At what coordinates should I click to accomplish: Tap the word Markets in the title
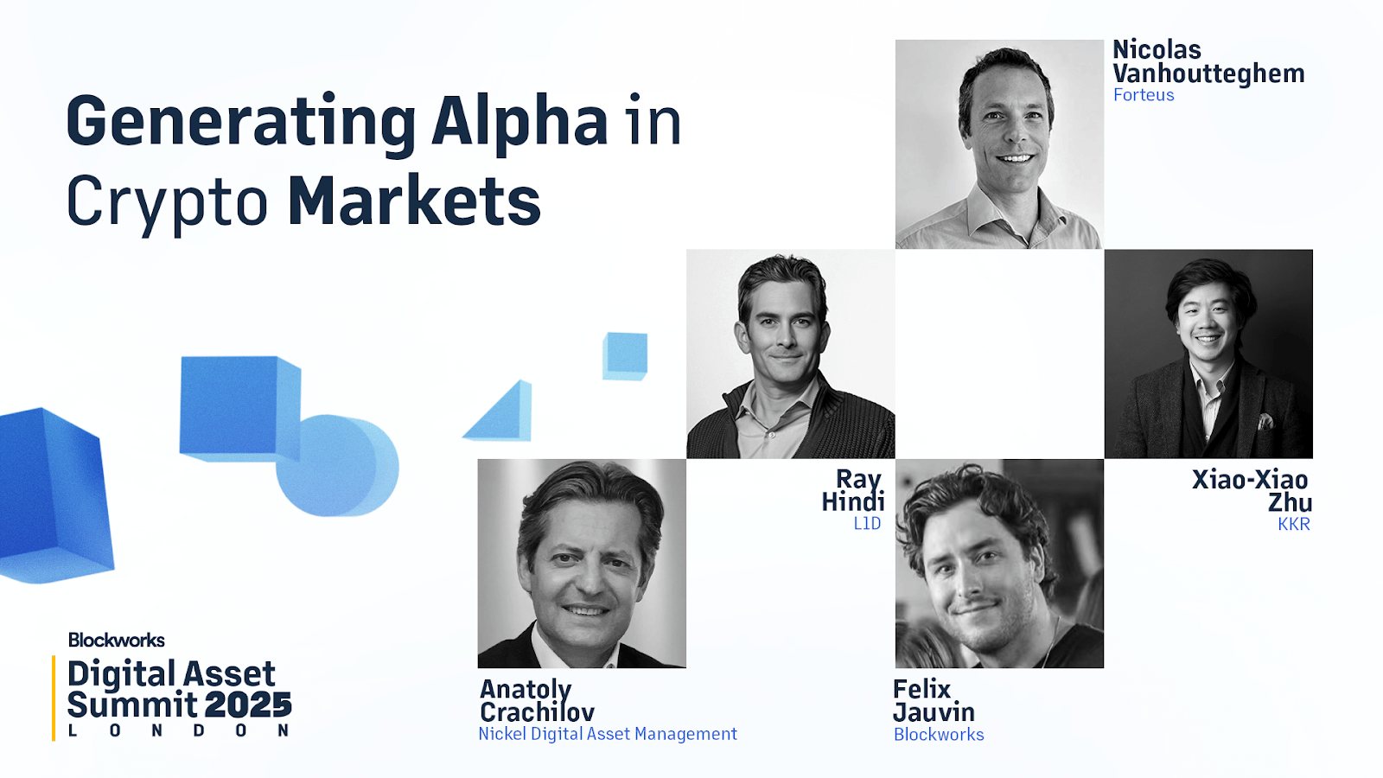[414, 201]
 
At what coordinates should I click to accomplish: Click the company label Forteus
[1144, 95]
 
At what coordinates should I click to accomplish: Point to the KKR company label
[1293, 524]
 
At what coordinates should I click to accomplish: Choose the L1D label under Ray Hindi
[867, 524]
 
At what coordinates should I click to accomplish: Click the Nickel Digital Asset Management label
[608, 734]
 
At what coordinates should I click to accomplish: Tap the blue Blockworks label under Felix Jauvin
[939, 734]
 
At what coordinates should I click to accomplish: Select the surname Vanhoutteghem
[1208, 73]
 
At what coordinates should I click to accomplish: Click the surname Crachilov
[537, 712]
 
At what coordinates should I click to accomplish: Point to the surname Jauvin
[934, 712]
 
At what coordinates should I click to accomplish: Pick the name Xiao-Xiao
[1250, 480]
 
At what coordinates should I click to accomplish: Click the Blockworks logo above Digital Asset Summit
[116, 641]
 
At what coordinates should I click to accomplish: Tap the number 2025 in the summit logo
[248, 705]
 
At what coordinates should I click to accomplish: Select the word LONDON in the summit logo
[178, 730]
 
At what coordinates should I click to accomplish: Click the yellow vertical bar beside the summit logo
[54, 698]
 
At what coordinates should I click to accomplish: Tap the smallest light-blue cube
[625, 356]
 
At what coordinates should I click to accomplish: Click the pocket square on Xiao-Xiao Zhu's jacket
[1265, 422]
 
